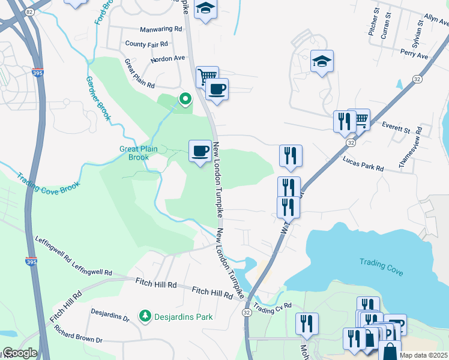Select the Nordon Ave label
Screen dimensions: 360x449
pyautogui.click(x=167, y=59)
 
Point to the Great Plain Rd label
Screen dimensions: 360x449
pyautogui.click(x=140, y=73)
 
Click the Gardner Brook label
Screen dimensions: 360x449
pyautogui.click(x=98, y=98)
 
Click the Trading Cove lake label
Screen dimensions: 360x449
pyautogui.click(x=381, y=266)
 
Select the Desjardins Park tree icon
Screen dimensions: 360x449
pyautogui.click(x=144, y=315)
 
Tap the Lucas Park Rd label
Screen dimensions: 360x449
pyautogui.click(x=363, y=164)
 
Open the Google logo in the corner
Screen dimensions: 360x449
pyautogui.click(x=20, y=353)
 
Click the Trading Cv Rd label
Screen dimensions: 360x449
pyautogui.click(x=272, y=308)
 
